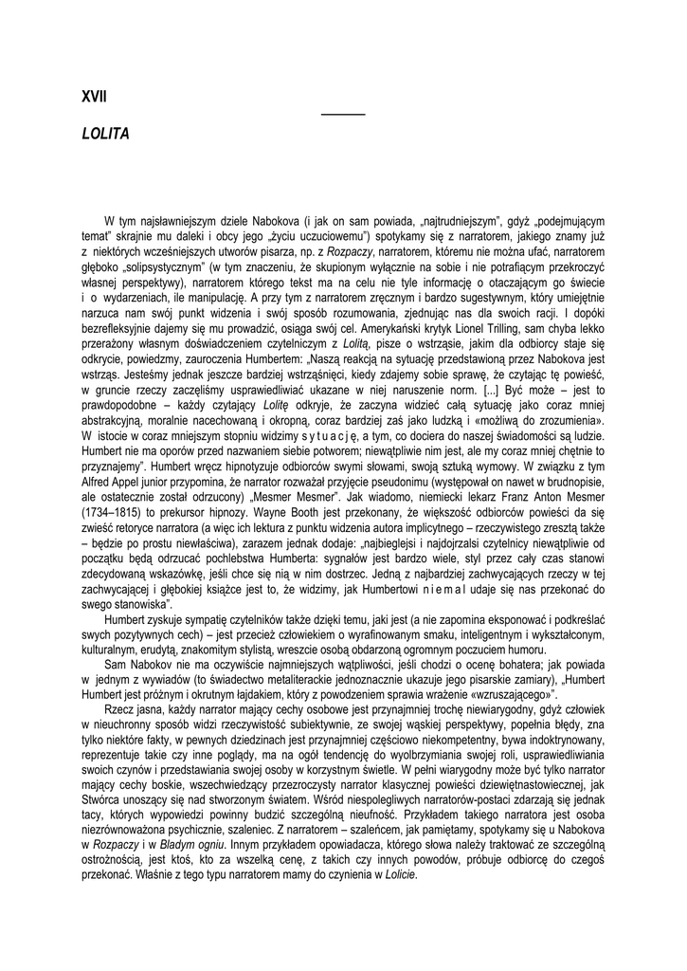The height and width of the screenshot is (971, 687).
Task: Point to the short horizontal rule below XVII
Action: click(x=343, y=114)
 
